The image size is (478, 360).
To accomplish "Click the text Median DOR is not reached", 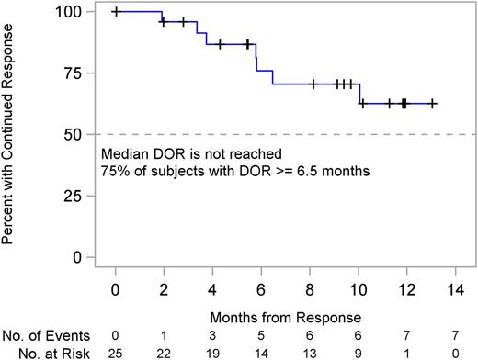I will pyautogui.click(x=178, y=153).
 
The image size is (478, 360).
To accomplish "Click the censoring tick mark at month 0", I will pyautogui.click(x=115, y=12).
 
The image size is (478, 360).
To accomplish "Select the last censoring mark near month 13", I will pyautogui.click(x=433, y=104).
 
